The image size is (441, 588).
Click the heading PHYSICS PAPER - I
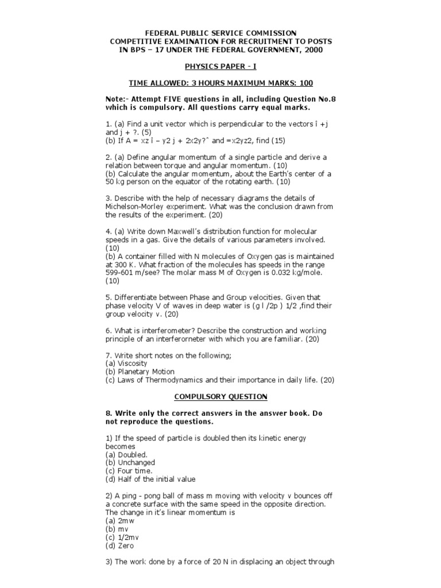(220, 67)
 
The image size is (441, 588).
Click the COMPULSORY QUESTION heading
(220, 396)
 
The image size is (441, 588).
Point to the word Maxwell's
(179, 231)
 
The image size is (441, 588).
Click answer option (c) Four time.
(129, 471)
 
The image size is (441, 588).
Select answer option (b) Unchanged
(130, 462)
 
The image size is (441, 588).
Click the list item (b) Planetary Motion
(140, 372)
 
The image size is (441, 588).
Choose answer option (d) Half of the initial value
(150, 479)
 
